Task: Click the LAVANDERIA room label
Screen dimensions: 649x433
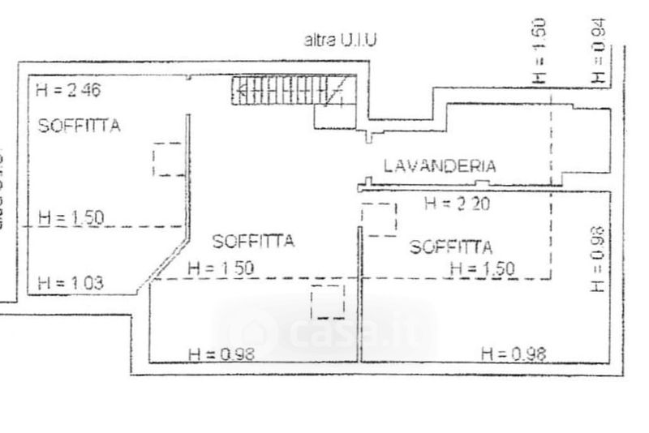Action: coord(439,166)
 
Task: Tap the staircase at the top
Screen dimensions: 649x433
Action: coord(292,91)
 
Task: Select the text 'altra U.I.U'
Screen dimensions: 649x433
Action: coord(340,39)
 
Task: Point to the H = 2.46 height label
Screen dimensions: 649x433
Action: coord(67,91)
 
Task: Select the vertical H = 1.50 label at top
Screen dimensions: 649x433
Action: coord(540,50)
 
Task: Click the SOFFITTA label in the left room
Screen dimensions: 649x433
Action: coord(80,126)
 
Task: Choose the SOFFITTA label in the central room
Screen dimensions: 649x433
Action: coord(252,241)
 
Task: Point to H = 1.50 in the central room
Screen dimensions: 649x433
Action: coord(221,268)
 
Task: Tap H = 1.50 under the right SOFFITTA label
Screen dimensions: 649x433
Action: coord(482,268)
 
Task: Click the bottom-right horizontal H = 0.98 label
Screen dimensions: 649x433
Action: coord(514,353)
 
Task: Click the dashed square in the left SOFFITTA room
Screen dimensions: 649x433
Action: coord(169,159)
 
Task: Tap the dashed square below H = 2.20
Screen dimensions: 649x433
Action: coord(379,219)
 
